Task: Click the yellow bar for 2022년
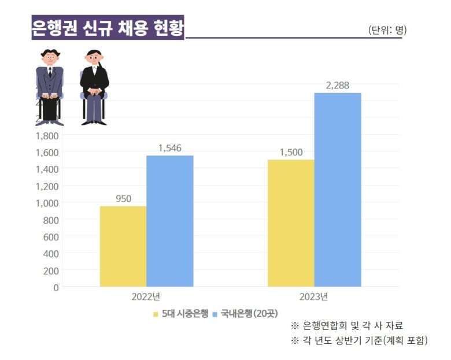click(x=123, y=246)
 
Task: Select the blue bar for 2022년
click(x=169, y=221)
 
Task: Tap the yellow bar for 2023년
click(x=291, y=223)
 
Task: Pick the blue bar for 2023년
click(x=338, y=190)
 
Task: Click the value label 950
click(x=123, y=199)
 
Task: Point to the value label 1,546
click(x=169, y=148)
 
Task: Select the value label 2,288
click(x=337, y=86)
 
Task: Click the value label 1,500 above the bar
click(x=291, y=153)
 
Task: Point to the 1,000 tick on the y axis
click(x=47, y=203)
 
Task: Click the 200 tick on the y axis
click(x=51, y=270)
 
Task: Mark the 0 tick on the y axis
click(x=56, y=287)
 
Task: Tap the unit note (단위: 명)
click(x=387, y=30)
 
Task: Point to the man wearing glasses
click(x=50, y=87)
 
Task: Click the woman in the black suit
click(x=94, y=87)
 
